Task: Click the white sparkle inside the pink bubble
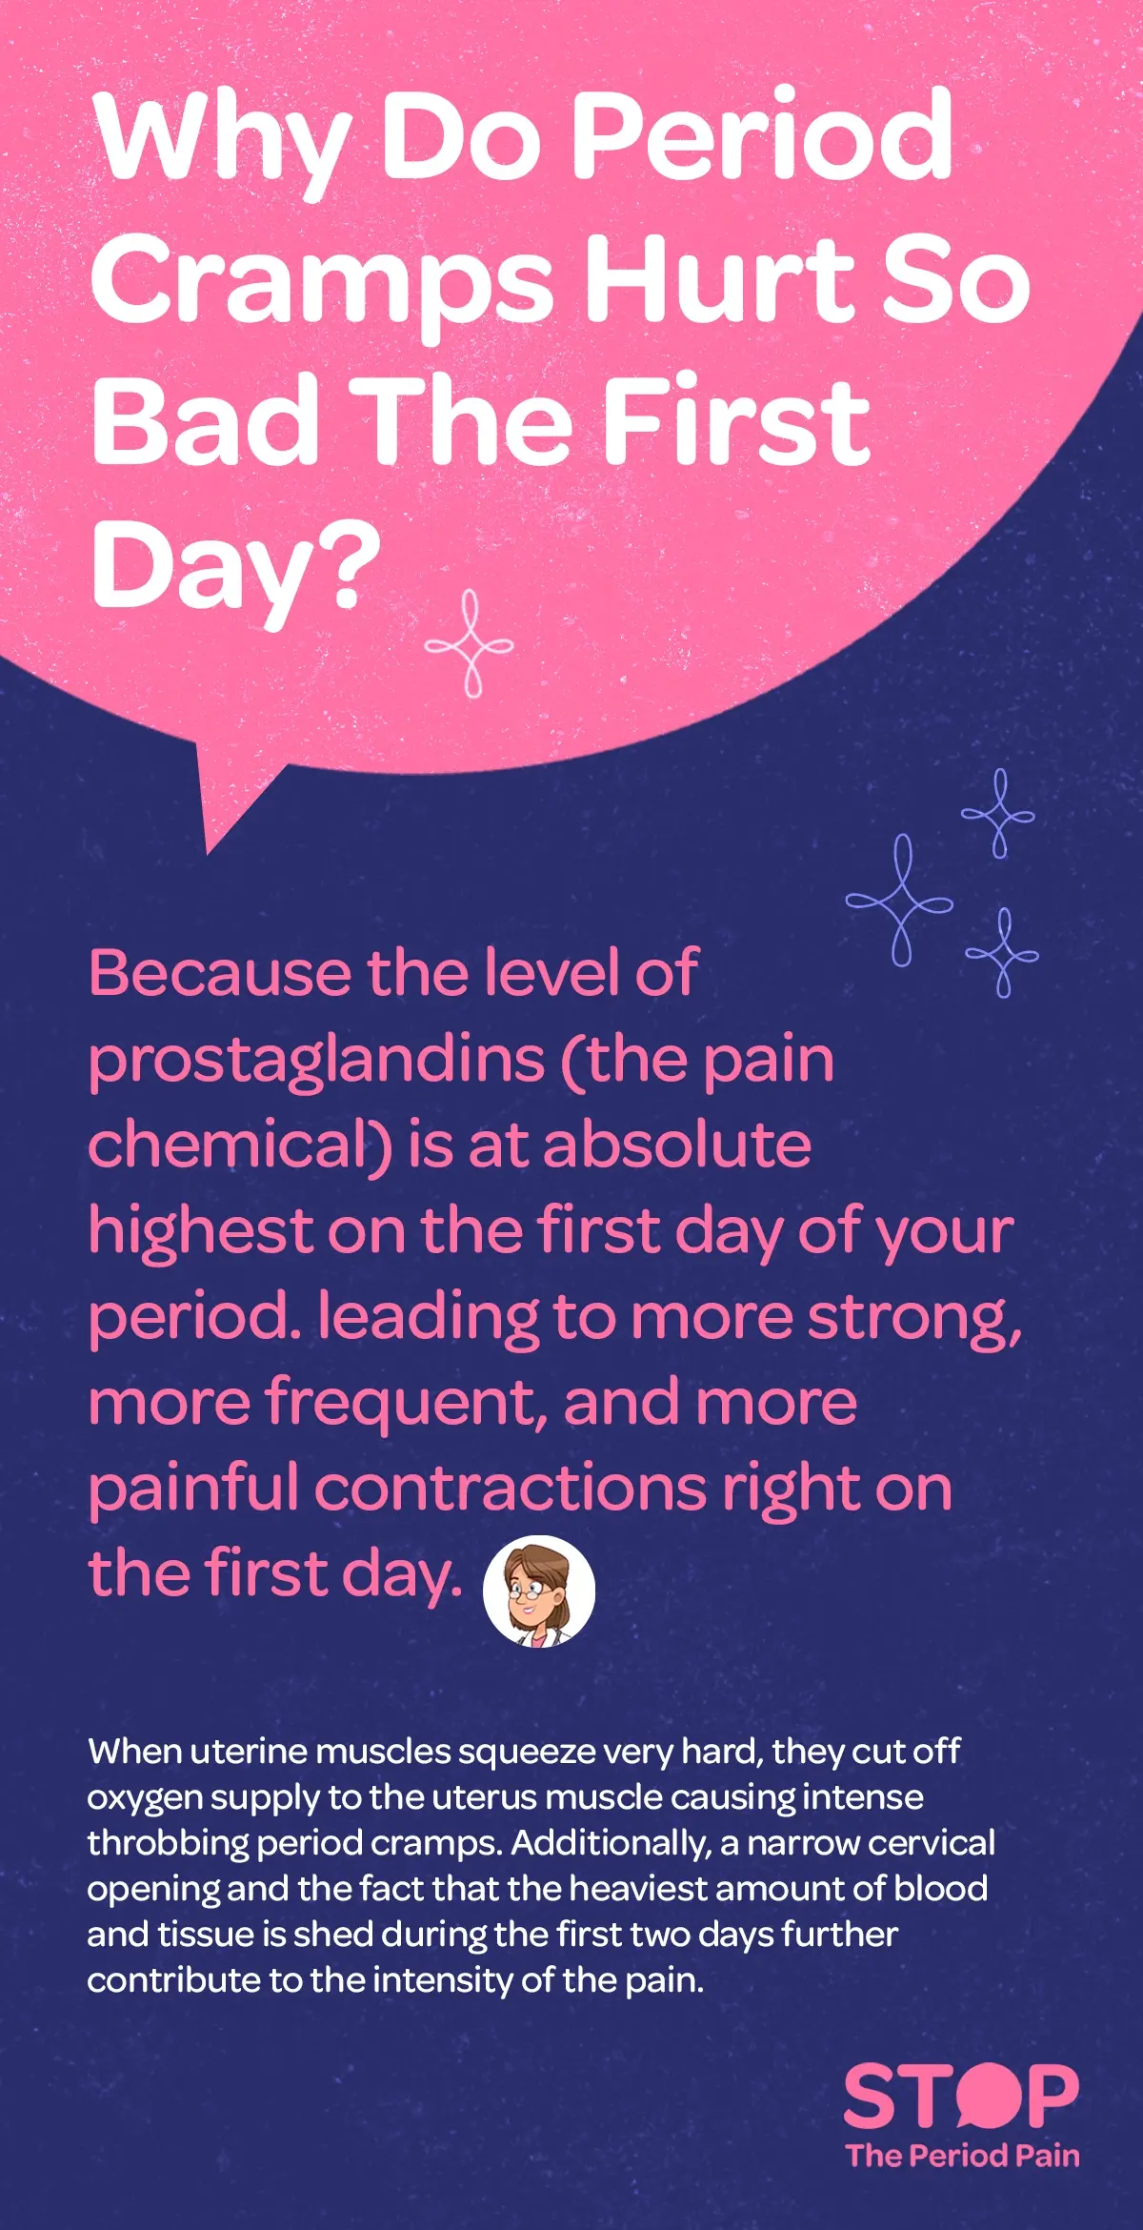pyautogui.click(x=469, y=644)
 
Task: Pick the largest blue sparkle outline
pyautogui.click(x=899, y=901)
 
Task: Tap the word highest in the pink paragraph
pyautogui.click(x=201, y=1230)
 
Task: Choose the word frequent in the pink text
pyautogui.click(x=406, y=1403)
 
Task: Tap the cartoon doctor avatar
pyautogui.click(x=539, y=1591)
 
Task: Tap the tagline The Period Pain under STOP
pyautogui.click(x=962, y=2156)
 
